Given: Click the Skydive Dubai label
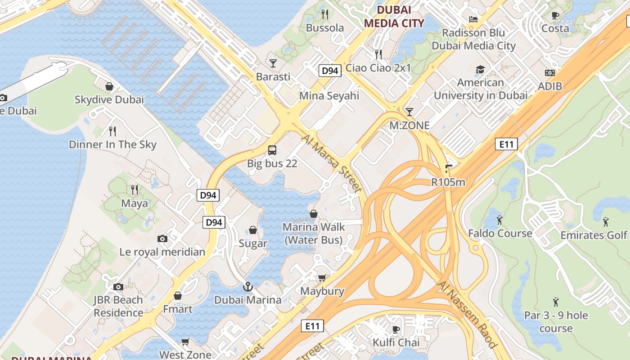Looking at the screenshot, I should tap(109, 99).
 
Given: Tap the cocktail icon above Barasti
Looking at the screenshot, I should tap(273, 63).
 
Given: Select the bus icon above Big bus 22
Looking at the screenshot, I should tap(272, 150).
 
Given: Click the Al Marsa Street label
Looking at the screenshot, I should tap(333, 163).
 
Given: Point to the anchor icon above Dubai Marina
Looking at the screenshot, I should tap(247, 287).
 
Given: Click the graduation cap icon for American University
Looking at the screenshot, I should tap(480, 69).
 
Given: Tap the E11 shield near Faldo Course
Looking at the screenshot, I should tap(506, 144).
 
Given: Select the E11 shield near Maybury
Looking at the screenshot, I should tap(312, 326).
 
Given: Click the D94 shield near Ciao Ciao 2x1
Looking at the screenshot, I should tap(330, 71).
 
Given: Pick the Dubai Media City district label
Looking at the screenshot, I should tap(394, 17).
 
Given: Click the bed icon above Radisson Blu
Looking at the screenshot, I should tap(473, 19).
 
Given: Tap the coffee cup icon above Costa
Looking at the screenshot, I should tap(555, 15).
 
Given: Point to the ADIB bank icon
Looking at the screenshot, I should tap(550, 73).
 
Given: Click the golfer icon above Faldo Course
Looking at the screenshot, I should tap(499, 220).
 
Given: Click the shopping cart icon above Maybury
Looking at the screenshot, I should tap(322, 278).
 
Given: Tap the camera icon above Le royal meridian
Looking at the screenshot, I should tap(162, 238).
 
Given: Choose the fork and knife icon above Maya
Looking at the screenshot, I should tap(134, 189).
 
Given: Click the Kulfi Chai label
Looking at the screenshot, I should tap(396, 342).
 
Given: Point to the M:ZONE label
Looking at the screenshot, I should tap(409, 126).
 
